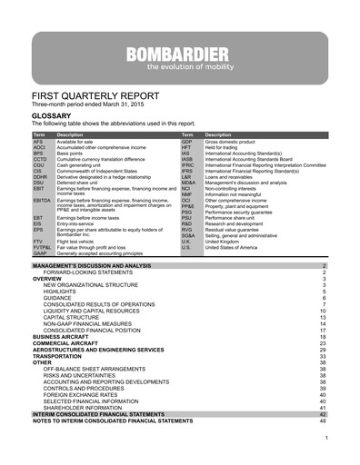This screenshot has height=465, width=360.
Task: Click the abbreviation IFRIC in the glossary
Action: click(x=187, y=165)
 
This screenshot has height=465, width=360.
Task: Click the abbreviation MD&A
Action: click(x=187, y=182)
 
